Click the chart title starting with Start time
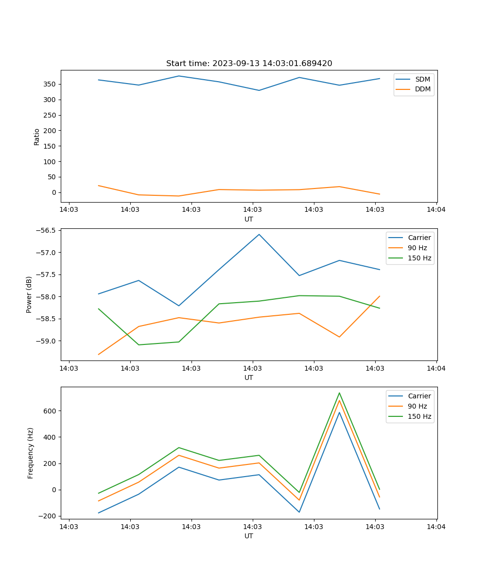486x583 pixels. click(249, 64)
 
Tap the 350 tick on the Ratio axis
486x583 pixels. click(50, 85)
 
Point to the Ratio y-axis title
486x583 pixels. click(37, 137)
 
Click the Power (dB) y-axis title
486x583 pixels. click(29, 294)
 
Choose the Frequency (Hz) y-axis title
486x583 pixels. click(30, 453)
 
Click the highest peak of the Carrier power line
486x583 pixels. click(259, 235)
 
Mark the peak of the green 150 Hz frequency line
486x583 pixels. click(339, 393)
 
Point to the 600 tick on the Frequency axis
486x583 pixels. click(50, 411)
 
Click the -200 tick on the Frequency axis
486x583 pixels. click(48, 516)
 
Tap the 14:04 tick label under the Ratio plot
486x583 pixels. click(436, 210)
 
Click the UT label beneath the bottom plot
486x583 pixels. click(249, 536)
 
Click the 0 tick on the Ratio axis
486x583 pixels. click(54, 192)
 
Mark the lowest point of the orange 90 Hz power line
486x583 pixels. click(99, 354)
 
